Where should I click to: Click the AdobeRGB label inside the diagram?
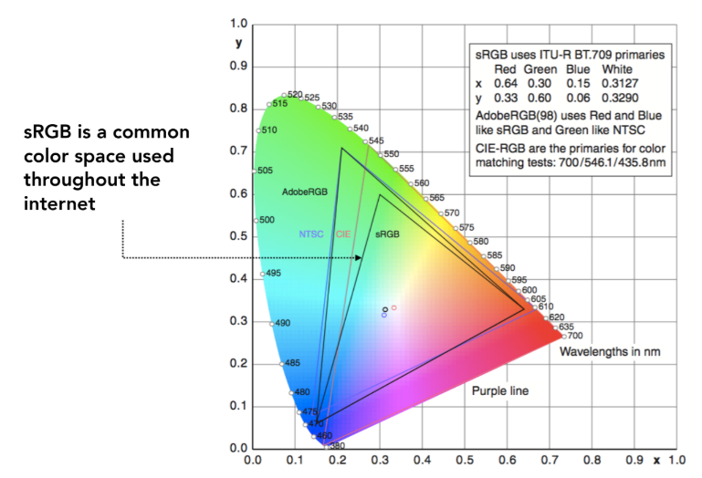[x=304, y=192]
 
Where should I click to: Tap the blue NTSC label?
[x=311, y=234]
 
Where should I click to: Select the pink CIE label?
[x=343, y=234]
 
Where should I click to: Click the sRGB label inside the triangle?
[x=388, y=234]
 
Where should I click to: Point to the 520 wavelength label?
[x=294, y=95]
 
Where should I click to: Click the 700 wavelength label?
[x=575, y=336]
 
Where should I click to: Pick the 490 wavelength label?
[x=282, y=323]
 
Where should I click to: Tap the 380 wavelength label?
[x=337, y=445]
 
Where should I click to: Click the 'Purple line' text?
[x=500, y=391]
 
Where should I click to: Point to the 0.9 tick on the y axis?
[x=238, y=66]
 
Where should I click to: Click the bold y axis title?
[x=238, y=43]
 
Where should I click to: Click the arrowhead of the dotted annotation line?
[x=359, y=257]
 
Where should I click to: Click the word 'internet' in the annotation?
[x=59, y=203]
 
